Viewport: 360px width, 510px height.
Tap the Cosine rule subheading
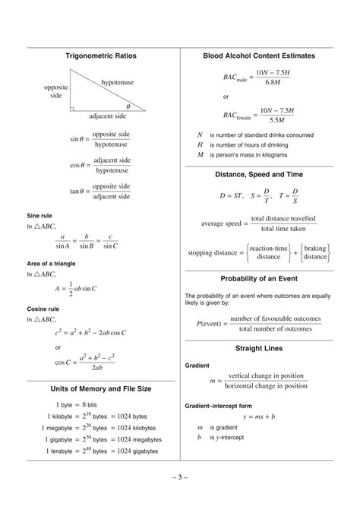(45, 309)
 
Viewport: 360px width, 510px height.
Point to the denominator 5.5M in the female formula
(272, 120)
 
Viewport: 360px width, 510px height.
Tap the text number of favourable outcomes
(275, 318)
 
